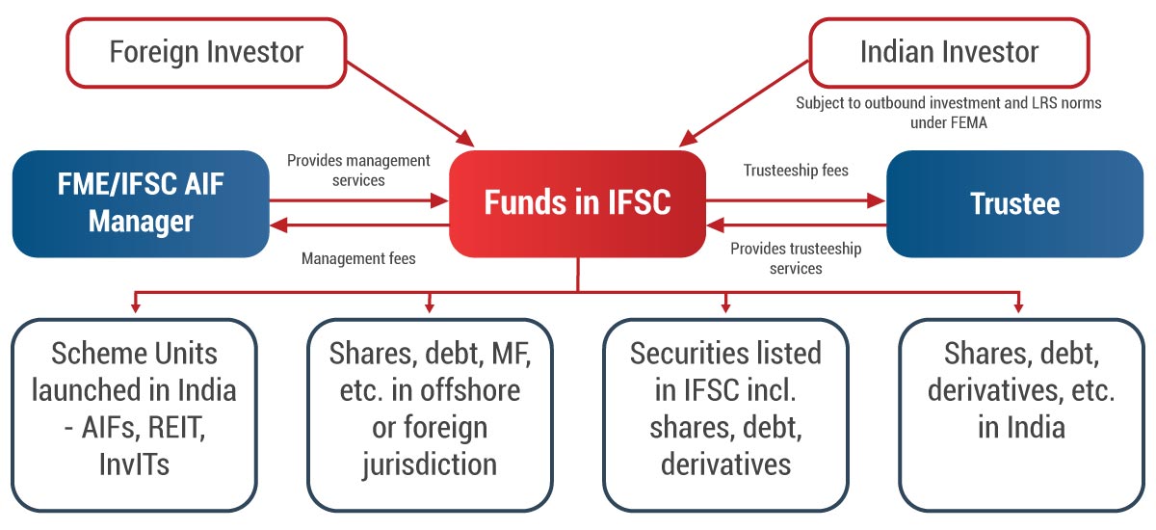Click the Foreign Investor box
(x=206, y=51)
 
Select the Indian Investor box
(x=949, y=51)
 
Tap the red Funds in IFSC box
(x=577, y=203)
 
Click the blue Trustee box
(x=1014, y=203)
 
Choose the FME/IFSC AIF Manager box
(x=141, y=203)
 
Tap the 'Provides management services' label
(x=358, y=170)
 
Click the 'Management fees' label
(x=358, y=258)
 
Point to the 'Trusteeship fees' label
(x=796, y=171)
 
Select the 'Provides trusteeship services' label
(x=796, y=258)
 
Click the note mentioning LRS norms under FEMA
(x=948, y=112)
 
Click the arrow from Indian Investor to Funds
(x=751, y=101)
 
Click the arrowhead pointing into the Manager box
(x=278, y=225)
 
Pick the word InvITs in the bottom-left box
(x=134, y=464)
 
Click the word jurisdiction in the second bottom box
(x=430, y=464)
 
